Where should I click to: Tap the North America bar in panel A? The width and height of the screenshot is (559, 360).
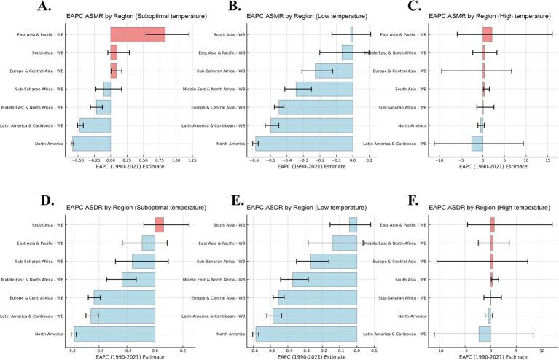[x=91, y=144]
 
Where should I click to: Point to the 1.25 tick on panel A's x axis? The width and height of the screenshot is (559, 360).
[x=192, y=160]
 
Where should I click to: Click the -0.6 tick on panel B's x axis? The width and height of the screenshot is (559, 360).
[x=253, y=160]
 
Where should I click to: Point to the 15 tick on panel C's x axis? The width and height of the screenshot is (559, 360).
[x=547, y=160]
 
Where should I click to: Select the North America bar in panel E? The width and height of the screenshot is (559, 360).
[x=305, y=334]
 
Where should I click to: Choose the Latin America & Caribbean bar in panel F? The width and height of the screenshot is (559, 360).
[x=485, y=334]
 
